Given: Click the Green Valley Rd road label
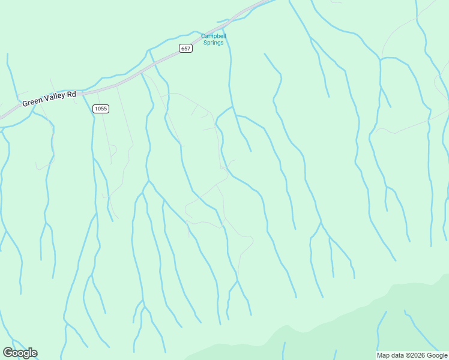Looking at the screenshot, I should [x=49, y=99].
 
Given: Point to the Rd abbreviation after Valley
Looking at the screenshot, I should [x=71, y=94].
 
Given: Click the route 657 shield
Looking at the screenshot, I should [x=185, y=48].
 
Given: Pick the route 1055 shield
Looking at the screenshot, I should [x=100, y=109].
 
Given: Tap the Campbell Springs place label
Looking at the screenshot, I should [x=213, y=39].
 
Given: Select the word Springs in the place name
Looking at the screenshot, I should [x=213, y=43].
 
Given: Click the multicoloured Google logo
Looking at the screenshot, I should [x=20, y=353].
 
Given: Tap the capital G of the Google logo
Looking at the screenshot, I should [x=8, y=353].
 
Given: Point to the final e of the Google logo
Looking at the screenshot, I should [x=34, y=353].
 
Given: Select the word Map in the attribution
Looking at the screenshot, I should [x=383, y=355].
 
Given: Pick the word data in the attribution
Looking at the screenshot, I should [x=397, y=355].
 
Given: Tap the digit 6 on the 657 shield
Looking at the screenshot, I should [x=182, y=48].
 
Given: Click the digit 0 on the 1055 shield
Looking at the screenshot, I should [x=99, y=109].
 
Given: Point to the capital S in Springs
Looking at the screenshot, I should [x=205, y=43].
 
